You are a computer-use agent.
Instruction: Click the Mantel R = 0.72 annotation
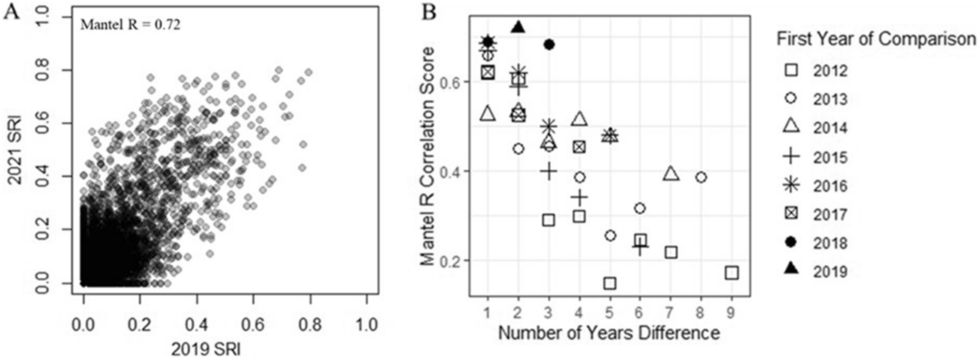[131, 24]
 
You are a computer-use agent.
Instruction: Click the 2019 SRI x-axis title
[205, 349]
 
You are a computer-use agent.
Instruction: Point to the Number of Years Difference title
[609, 333]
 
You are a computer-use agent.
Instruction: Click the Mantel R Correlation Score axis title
[427, 157]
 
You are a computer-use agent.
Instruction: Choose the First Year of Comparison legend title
[876, 39]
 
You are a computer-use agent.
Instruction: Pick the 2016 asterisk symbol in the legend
[791, 185]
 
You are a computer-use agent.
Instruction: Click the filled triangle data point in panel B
[518, 27]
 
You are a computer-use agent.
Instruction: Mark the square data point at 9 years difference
[732, 273]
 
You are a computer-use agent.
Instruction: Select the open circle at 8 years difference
[701, 177]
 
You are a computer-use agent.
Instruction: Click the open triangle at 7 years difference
[671, 174]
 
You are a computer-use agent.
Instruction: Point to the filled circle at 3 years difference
[549, 45]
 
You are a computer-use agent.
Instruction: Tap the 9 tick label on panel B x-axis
[731, 313]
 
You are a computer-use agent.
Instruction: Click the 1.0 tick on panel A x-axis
[367, 324]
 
